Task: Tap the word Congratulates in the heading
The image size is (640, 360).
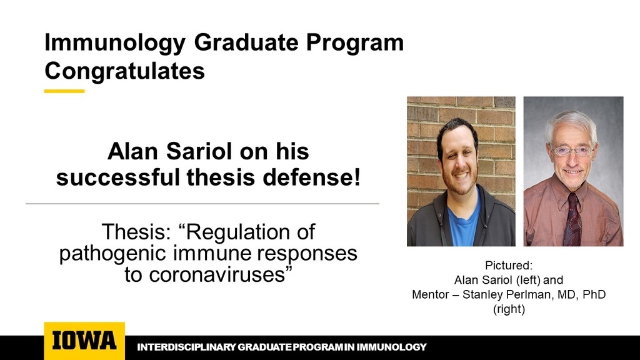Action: click(124, 71)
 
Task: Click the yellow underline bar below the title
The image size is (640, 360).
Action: click(64, 91)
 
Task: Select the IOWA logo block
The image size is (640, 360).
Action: click(84, 341)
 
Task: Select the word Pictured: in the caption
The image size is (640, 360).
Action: click(508, 265)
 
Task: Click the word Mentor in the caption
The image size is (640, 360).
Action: click(431, 294)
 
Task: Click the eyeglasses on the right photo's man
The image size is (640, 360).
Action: click(571, 151)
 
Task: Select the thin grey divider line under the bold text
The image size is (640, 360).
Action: click(202, 204)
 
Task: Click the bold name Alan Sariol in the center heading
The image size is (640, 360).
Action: click(173, 152)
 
